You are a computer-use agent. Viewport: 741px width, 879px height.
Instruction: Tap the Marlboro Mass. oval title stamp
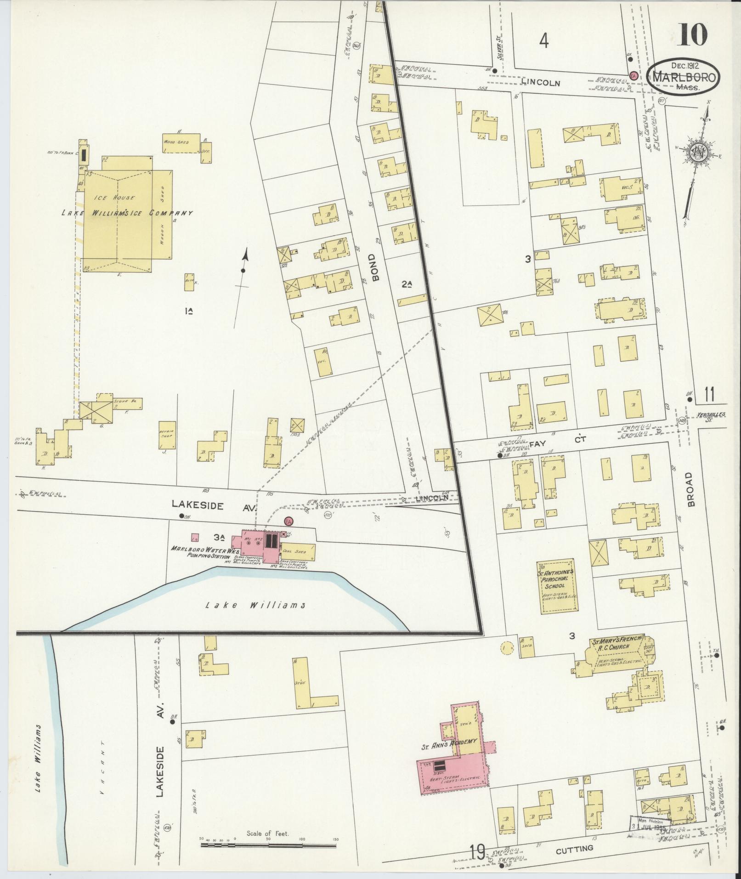coord(683,77)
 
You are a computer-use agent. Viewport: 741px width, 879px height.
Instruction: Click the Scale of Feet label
coord(267,834)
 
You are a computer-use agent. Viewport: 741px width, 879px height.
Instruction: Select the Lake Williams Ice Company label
coord(127,213)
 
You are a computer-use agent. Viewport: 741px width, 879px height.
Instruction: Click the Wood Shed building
coord(181,143)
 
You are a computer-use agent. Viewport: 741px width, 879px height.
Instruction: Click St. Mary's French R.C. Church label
coord(617,645)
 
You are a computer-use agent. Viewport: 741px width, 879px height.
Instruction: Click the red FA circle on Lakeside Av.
coord(288,521)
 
